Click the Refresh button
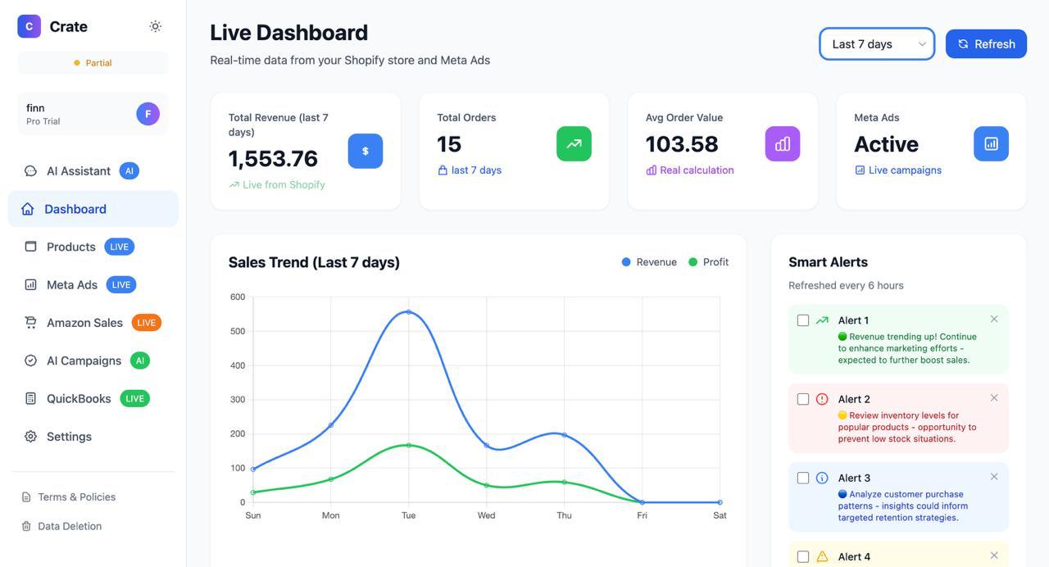point(986,44)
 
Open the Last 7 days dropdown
point(876,44)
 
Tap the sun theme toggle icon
point(156,26)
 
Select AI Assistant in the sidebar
point(79,171)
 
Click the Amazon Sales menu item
point(84,323)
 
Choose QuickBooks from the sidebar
point(79,399)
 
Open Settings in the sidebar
point(69,437)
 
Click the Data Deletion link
point(70,526)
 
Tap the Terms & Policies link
point(76,497)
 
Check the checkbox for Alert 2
point(803,399)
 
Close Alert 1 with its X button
point(994,320)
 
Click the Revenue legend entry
point(649,262)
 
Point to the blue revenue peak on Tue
point(408,312)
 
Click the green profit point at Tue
point(408,445)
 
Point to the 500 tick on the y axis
point(238,331)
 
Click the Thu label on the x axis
point(564,515)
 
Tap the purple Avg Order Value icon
point(783,144)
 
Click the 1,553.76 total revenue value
point(273,158)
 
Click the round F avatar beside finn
point(148,114)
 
